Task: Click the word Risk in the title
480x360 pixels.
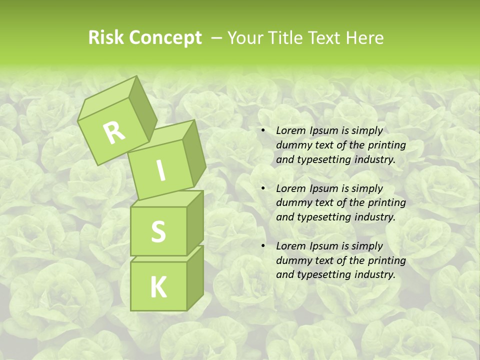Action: [106, 38]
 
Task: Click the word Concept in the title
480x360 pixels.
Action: [165, 38]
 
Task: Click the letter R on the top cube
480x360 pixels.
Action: [114, 132]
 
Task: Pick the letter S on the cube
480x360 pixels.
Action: [158, 231]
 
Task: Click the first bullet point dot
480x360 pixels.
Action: [263, 131]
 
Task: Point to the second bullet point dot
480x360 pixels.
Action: [263, 189]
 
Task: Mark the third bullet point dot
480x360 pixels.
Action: [263, 246]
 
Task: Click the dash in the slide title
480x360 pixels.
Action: [217, 38]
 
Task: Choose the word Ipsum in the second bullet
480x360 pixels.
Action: [325, 188]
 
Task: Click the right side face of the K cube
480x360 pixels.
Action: [195, 277]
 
